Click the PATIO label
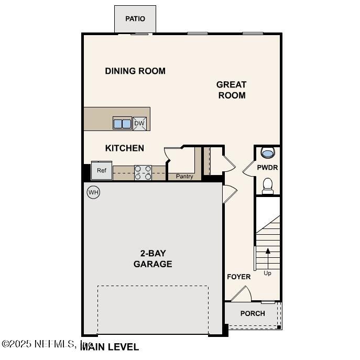coord(135,19)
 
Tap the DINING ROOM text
coord(135,71)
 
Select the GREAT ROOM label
coord(231,90)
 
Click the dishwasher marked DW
coord(139,124)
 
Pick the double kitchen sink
coord(123,124)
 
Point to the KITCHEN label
coord(125,148)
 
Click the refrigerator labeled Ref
coord(101,171)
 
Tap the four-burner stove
coord(143,172)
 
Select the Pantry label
coord(184,177)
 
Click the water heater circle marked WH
coord(93,192)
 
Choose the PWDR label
coord(267,168)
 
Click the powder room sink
coord(267,154)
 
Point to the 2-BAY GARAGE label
coord(152,258)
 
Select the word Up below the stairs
coord(268,273)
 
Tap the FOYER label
coord(238,277)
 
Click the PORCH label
coord(253,313)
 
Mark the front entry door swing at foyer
coord(241,294)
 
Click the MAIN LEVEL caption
coord(110,347)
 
